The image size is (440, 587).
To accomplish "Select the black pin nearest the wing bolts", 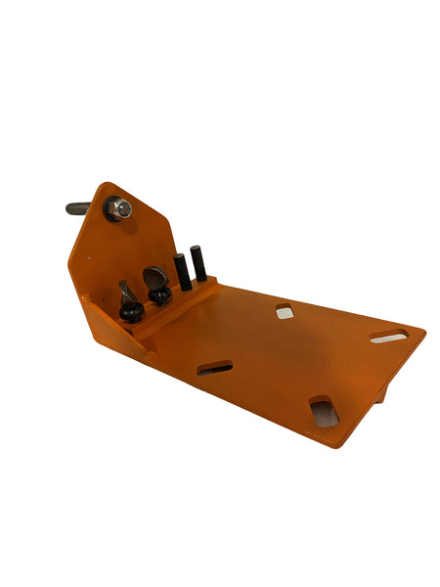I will click(x=182, y=272).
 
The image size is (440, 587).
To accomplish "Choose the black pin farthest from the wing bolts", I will click(x=198, y=262).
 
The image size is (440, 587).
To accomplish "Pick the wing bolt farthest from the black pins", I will click(x=129, y=302).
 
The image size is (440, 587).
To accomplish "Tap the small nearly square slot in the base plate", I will click(x=285, y=312).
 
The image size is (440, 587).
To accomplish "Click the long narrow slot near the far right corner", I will click(x=388, y=338).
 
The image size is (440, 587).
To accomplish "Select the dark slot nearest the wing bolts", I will click(x=215, y=368).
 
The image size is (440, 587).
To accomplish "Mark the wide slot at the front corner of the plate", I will click(x=324, y=411).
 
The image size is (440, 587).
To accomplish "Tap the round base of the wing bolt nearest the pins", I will click(x=159, y=295).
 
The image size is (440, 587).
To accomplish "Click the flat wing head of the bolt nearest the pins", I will click(x=155, y=277).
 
